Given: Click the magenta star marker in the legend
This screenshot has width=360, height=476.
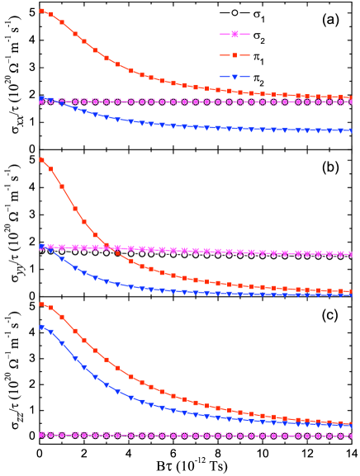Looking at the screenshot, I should [x=234, y=35].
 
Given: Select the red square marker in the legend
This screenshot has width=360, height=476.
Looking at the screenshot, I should [x=234, y=55].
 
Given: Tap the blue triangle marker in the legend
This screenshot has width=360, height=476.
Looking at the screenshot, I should [x=234, y=77].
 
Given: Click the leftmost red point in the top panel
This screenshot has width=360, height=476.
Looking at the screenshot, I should [x=42, y=11].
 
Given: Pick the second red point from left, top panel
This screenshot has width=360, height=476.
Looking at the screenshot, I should [x=51, y=14].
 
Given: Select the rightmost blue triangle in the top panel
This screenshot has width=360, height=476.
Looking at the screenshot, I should [x=351, y=130].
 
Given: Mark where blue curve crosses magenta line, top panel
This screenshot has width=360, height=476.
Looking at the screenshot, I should [x=58, y=101].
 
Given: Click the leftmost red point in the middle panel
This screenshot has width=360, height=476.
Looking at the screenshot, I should [x=42, y=159].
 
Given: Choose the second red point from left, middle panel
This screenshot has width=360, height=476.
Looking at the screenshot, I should [x=51, y=168].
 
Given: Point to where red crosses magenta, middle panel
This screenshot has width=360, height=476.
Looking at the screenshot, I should [x=108, y=247].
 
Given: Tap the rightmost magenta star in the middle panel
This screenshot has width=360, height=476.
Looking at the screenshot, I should [x=351, y=255].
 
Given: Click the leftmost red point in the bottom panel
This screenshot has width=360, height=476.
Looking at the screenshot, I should [x=42, y=304].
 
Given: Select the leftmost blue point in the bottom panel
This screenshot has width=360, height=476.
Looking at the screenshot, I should [x=42, y=327].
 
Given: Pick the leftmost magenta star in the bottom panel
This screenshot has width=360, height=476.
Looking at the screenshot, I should [x=42, y=435].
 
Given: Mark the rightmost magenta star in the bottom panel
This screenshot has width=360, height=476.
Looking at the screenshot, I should [x=351, y=436].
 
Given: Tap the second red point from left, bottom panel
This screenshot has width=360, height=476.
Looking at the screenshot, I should [x=51, y=308].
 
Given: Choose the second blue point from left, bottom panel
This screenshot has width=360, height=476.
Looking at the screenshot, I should [x=51, y=332].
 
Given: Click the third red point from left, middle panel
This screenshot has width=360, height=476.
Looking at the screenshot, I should [x=62, y=186].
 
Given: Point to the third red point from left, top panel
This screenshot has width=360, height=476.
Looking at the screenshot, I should [x=62, y=22].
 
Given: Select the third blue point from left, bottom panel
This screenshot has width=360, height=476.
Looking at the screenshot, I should [x=62, y=343].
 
